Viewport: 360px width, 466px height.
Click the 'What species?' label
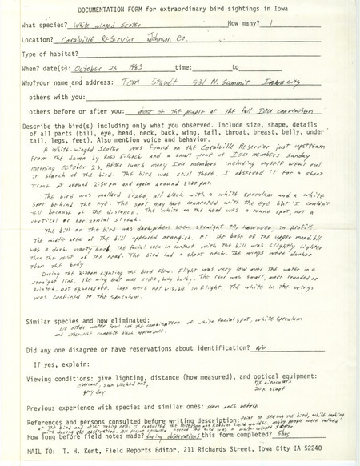point(47,25)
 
